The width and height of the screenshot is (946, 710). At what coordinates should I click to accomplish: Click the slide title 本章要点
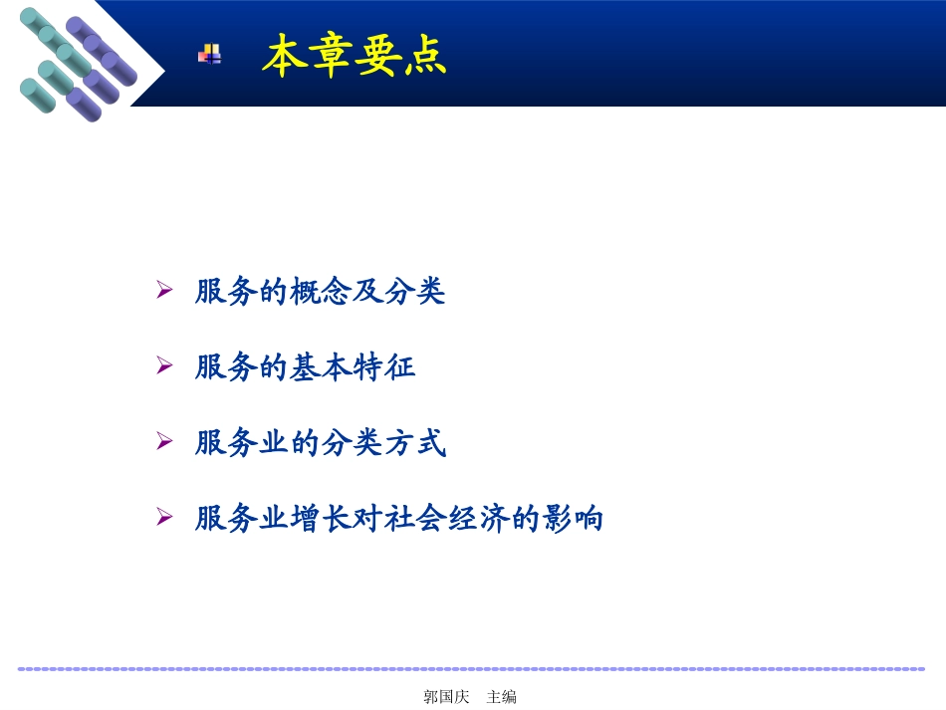(x=354, y=57)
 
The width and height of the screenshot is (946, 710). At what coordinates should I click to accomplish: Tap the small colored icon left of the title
(x=209, y=55)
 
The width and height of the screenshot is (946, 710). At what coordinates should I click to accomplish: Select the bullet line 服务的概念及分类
(x=320, y=292)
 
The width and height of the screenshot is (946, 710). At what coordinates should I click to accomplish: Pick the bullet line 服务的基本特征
(x=305, y=367)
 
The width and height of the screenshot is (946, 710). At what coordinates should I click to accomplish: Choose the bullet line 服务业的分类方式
(x=320, y=443)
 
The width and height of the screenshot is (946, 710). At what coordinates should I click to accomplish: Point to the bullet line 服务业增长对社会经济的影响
(x=399, y=519)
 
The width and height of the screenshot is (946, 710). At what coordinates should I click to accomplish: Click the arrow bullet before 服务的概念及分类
(x=165, y=290)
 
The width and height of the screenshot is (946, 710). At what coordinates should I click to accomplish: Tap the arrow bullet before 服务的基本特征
(x=165, y=365)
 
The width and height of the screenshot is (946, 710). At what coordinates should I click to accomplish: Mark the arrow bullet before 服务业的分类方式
(x=165, y=441)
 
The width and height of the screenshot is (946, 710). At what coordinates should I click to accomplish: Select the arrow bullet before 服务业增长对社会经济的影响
(x=165, y=517)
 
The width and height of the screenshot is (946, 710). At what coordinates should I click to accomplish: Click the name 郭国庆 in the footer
(x=445, y=697)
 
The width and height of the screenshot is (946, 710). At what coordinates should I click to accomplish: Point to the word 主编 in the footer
(x=501, y=697)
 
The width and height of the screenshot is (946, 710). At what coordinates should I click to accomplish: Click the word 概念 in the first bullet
(x=320, y=292)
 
